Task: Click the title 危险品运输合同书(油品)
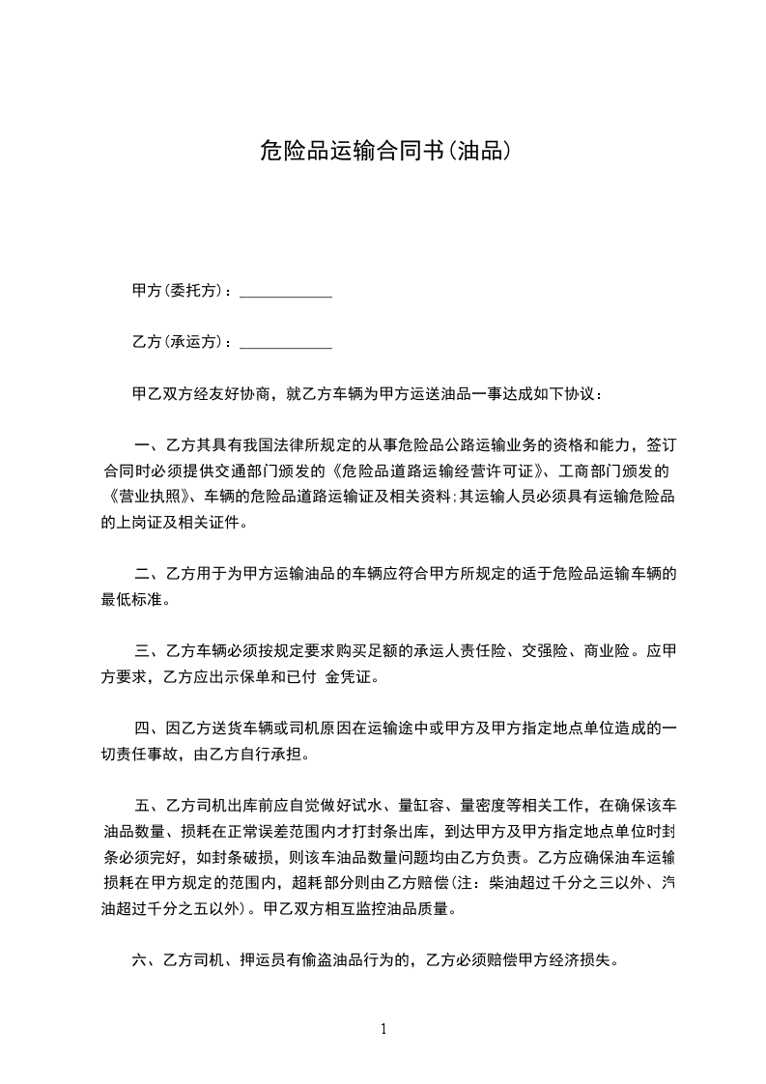383,150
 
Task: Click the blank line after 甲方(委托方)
285,291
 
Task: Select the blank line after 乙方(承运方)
285,342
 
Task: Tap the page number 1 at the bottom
383,1028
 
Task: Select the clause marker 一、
147,445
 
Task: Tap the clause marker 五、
147,805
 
